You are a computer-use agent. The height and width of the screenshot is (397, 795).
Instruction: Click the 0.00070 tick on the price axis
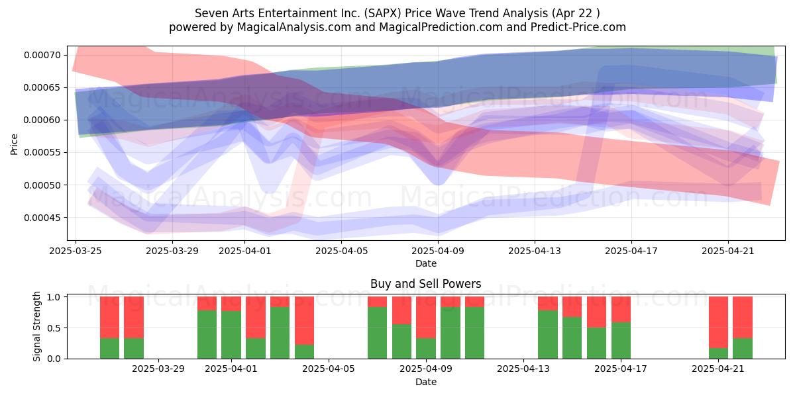(42, 56)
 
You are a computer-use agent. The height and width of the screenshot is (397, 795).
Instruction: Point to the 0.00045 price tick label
(42, 218)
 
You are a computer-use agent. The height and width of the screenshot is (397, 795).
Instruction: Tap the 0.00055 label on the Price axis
(42, 153)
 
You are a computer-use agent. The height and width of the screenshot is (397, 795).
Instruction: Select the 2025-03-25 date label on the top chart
(76, 251)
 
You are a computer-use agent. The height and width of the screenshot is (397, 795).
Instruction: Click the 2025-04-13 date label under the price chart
(535, 251)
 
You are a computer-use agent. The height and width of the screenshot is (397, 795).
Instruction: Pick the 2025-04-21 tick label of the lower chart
(718, 369)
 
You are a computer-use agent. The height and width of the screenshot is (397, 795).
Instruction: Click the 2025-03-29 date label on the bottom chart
(158, 369)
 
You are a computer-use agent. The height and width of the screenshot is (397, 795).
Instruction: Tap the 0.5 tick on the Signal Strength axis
(54, 328)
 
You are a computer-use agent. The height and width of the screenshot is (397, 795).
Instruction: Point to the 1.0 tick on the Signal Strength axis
(54, 297)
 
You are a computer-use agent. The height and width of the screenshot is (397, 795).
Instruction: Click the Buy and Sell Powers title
(426, 284)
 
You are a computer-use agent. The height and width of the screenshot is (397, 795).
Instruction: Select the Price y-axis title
(14, 144)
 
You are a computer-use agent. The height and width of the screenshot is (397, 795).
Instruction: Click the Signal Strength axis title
(36, 326)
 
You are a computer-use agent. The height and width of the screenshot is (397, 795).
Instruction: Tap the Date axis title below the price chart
(426, 263)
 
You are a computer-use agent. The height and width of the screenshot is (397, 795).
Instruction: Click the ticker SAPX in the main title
(380, 13)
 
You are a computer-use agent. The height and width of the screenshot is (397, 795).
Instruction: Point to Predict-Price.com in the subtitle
(578, 27)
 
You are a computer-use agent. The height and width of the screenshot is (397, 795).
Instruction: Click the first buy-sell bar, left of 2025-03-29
(110, 328)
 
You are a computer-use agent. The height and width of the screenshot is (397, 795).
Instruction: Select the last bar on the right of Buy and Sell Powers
(743, 328)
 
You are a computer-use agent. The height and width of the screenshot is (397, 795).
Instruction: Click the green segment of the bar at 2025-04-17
(621, 340)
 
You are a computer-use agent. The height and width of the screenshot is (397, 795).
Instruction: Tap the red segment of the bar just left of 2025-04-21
(718, 322)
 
